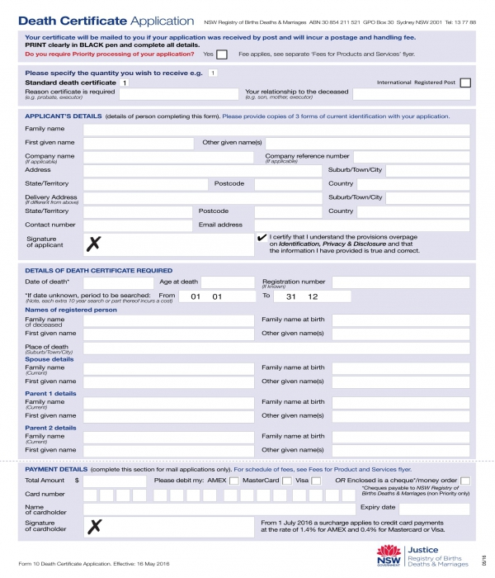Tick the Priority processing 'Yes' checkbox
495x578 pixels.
(221, 54)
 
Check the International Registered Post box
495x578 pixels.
(465, 83)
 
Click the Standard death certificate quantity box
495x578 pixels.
(125, 83)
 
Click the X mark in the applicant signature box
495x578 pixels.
(94, 243)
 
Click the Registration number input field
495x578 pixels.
(400, 282)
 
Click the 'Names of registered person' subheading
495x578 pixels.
(71, 310)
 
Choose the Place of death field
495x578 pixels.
(276, 348)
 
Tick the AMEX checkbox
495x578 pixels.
(234, 480)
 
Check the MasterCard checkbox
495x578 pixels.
(287, 480)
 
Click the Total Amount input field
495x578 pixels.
(115, 480)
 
